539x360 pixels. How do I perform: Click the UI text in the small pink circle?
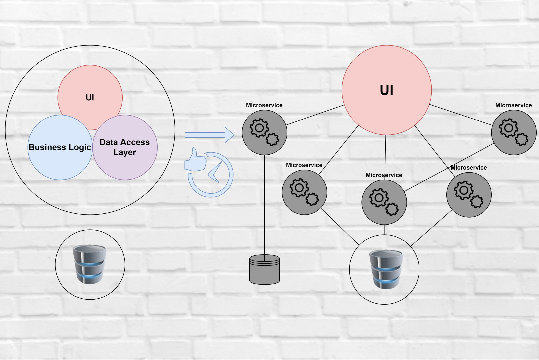pyautogui.click(x=90, y=97)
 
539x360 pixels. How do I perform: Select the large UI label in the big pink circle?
pyautogui.click(x=386, y=90)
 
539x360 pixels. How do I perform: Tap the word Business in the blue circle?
pyautogui.click(x=47, y=147)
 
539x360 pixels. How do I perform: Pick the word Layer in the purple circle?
pyautogui.click(x=125, y=153)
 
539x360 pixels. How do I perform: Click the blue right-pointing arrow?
pyautogui.click(x=210, y=135)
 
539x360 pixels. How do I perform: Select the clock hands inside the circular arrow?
pyautogui.click(x=215, y=172)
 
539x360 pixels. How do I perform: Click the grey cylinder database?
pyautogui.click(x=264, y=270)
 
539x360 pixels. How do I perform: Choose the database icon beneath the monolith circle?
pyautogui.click(x=90, y=264)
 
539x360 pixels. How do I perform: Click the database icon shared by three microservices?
pyautogui.click(x=386, y=269)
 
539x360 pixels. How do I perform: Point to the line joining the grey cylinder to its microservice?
pyautogui.click(x=264, y=208)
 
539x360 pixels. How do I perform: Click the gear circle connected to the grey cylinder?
pyautogui.click(x=264, y=133)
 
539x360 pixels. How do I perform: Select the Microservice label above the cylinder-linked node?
pyautogui.click(x=264, y=105)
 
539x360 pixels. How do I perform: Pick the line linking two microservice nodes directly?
pyautogui.click(x=449, y=167)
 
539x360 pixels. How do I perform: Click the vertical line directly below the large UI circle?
pyautogui.click(x=385, y=157)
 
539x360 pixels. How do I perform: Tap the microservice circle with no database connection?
pyautogui.click(x=514, y=133)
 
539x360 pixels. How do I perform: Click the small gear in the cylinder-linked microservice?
pyautogui.click(x=272, y=139)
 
